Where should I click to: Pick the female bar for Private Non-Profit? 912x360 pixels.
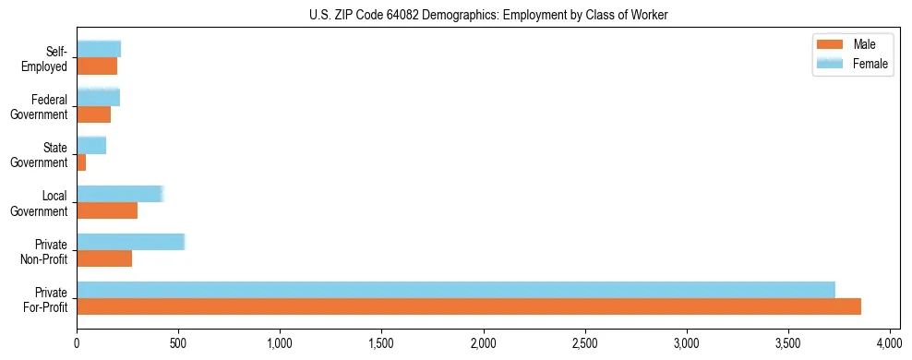click(x=130, y=242)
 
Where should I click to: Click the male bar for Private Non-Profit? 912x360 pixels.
click(x=104, y=258)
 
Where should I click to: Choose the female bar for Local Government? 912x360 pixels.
click(x=120, y=194)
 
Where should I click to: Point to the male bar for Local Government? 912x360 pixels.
click(x=107, y=210)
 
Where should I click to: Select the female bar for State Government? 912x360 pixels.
click(x=91, y=145)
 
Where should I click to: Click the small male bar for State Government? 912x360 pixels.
click(x=81, y=162)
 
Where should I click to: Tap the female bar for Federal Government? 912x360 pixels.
click(x=99, y=97)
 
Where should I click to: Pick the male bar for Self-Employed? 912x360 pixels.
click(x=97, y=66)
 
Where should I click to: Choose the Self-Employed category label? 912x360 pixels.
click(x=45, y=59)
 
